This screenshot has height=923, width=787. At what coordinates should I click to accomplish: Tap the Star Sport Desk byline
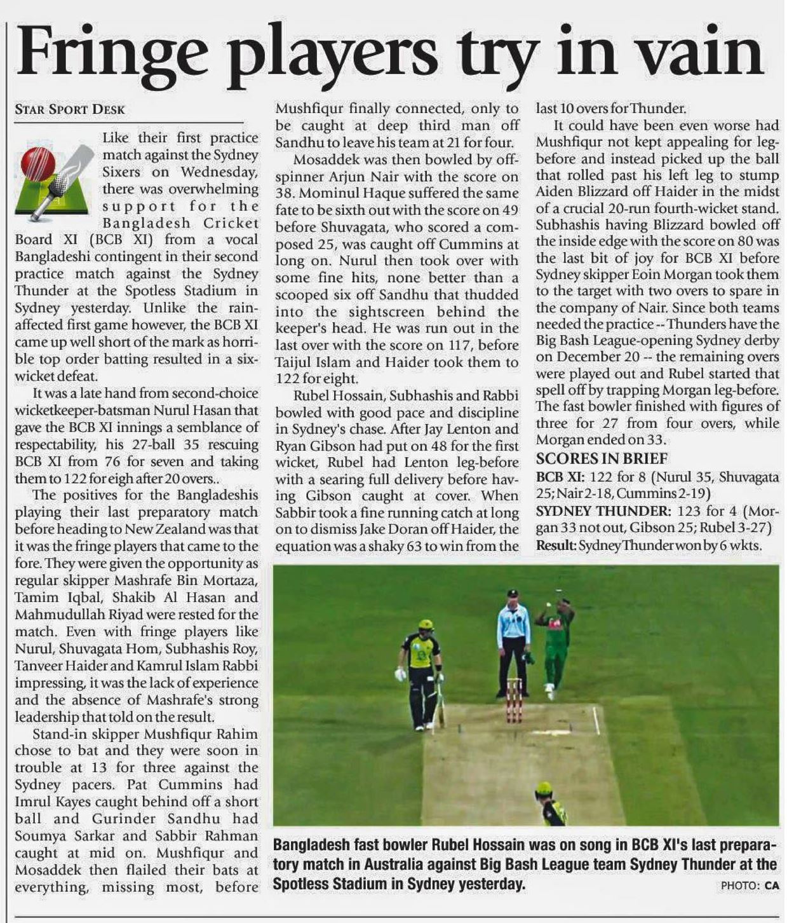[x=70, y=109]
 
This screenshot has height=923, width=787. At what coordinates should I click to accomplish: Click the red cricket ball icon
[x=38, y=163]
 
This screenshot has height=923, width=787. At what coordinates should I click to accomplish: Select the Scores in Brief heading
[x=602, y=458]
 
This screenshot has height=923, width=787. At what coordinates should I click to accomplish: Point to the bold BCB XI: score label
[x=561, y=477]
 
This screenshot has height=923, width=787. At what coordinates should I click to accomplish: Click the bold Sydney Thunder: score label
[x=603, y=511]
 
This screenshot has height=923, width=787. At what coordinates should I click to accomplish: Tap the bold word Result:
[x=556, y=545]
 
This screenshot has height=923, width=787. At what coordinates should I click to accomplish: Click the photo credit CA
[x=772, y=885]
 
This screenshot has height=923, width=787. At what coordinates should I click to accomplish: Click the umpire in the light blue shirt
[x=513, y=642]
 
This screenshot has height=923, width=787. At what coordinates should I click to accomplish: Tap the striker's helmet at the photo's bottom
[x=544, y=791]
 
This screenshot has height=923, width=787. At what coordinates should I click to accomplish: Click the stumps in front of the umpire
[x=514, y=699]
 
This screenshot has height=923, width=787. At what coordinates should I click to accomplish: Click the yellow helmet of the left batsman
[x=425, y=627]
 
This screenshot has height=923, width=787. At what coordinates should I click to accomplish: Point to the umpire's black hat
[x=513, y=594]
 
